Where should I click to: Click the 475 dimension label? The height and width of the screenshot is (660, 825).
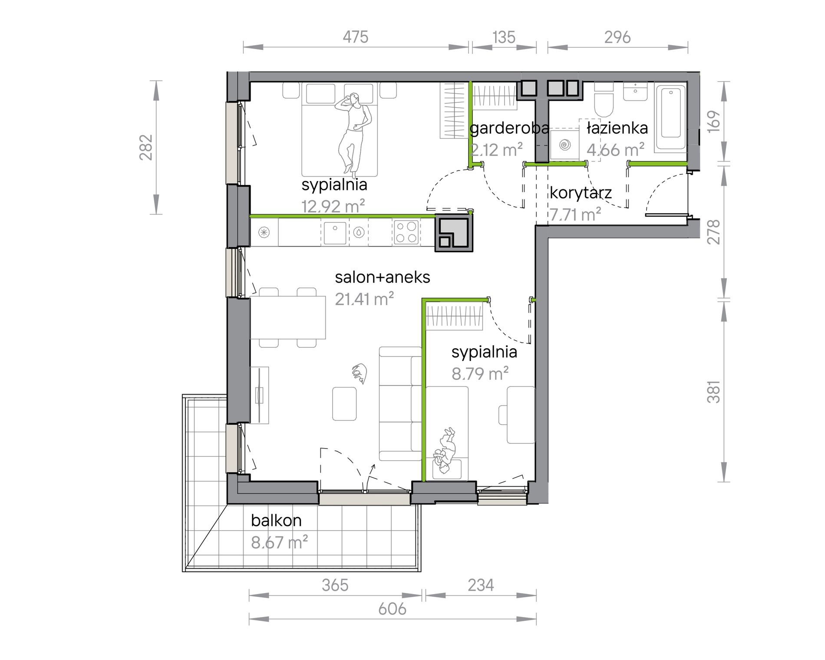356,37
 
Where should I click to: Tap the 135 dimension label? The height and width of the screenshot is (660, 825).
504,37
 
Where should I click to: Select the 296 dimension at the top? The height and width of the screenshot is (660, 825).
617,37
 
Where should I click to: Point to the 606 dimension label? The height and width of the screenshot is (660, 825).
392,609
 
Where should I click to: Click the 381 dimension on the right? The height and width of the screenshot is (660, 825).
714,391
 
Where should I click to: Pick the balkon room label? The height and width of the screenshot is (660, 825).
276,520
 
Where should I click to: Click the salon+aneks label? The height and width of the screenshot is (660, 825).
383,277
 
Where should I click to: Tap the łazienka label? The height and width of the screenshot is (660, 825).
617,128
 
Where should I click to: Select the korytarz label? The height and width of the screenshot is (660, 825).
581,193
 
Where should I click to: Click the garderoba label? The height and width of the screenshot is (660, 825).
509,129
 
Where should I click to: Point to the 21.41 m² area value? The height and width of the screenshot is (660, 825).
364,299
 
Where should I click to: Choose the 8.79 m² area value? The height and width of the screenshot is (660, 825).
480,373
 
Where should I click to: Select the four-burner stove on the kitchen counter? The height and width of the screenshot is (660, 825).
406,232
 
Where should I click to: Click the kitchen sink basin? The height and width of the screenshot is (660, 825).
335,232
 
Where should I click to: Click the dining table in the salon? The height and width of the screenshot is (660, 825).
288,317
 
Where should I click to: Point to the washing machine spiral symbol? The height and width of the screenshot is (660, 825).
564,145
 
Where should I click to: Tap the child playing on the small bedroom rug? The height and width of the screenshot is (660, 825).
446,452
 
